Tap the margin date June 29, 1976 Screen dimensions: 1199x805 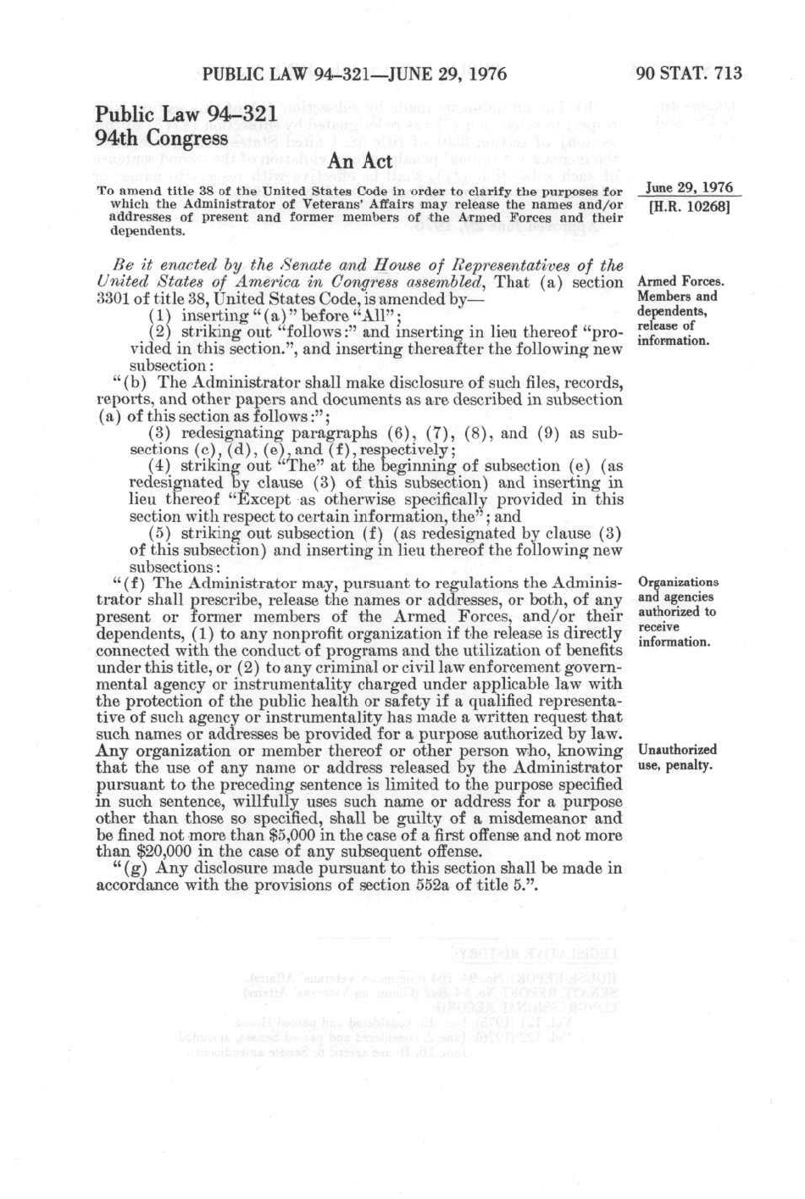click(688, 188)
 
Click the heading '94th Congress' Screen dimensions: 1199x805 click(161, 137)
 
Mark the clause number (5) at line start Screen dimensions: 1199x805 click(159, 533)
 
